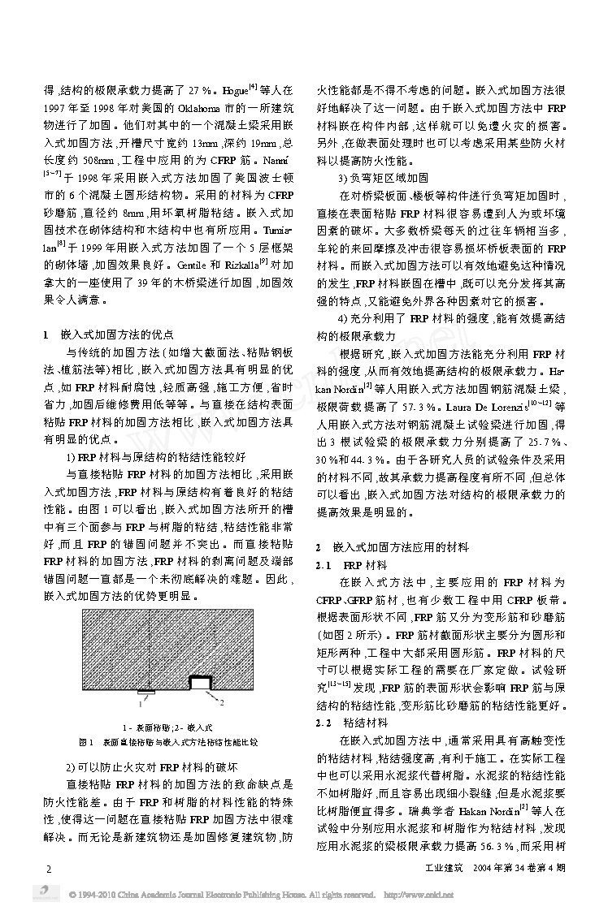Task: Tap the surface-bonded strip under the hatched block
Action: point(145,692)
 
